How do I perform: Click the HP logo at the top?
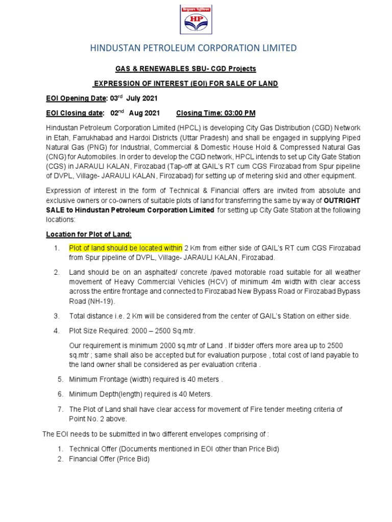(195, 18)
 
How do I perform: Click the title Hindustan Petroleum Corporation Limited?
(193, 48)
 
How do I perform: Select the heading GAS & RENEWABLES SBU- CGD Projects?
(185, 69)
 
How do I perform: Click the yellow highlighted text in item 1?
(126, 248)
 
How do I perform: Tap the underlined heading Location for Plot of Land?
(89, 234)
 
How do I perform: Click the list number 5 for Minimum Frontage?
(60, 379)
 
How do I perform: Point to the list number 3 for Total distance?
(57, 316)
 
